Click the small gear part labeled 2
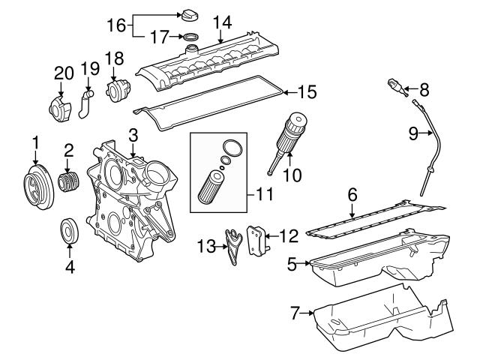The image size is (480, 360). (x=68, y=183)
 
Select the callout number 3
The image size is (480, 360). (x=133, y=136)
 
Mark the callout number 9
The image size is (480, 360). (x=412, y=133)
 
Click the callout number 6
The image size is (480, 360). (x=351, y=194)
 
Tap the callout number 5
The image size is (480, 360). (x=294, y=262)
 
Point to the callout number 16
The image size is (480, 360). (x=116, y=25)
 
